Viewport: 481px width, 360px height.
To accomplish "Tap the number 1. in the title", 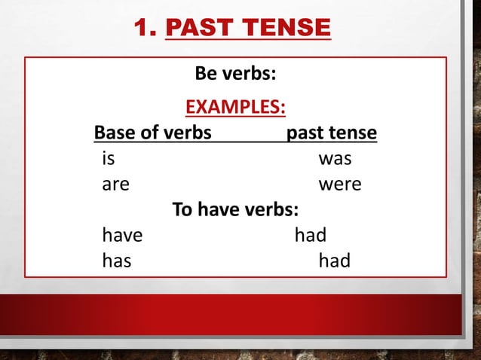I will click(146, 28).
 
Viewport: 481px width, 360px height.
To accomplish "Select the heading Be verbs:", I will click(235, 75).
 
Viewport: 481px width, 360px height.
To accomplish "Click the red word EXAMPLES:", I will click(235, 107).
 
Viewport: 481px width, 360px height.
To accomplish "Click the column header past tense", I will click(332, 133).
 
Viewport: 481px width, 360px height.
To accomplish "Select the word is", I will click(109, 159).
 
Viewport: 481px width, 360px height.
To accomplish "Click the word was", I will click(335, 159).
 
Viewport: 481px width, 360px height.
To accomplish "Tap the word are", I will click(115, 184).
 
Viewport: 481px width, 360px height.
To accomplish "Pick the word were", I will click(340, 184).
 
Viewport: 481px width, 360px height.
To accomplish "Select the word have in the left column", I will click(122, 235).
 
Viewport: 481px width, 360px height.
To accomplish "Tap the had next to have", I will click(310, 235).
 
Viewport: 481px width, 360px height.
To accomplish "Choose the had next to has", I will click(334, 261).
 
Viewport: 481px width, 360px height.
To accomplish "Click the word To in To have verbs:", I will click(182, 209).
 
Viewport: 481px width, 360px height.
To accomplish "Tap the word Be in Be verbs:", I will click(207, 75).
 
